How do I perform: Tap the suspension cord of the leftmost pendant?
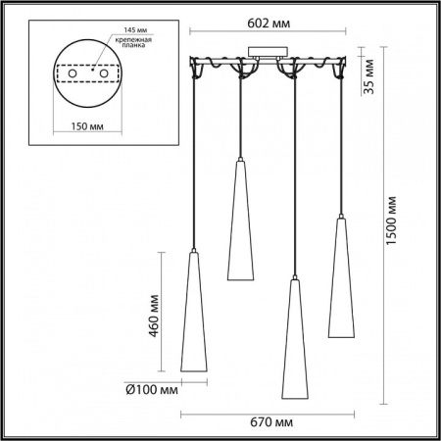click(197, 167)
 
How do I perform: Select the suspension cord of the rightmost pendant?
click(341, 147)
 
